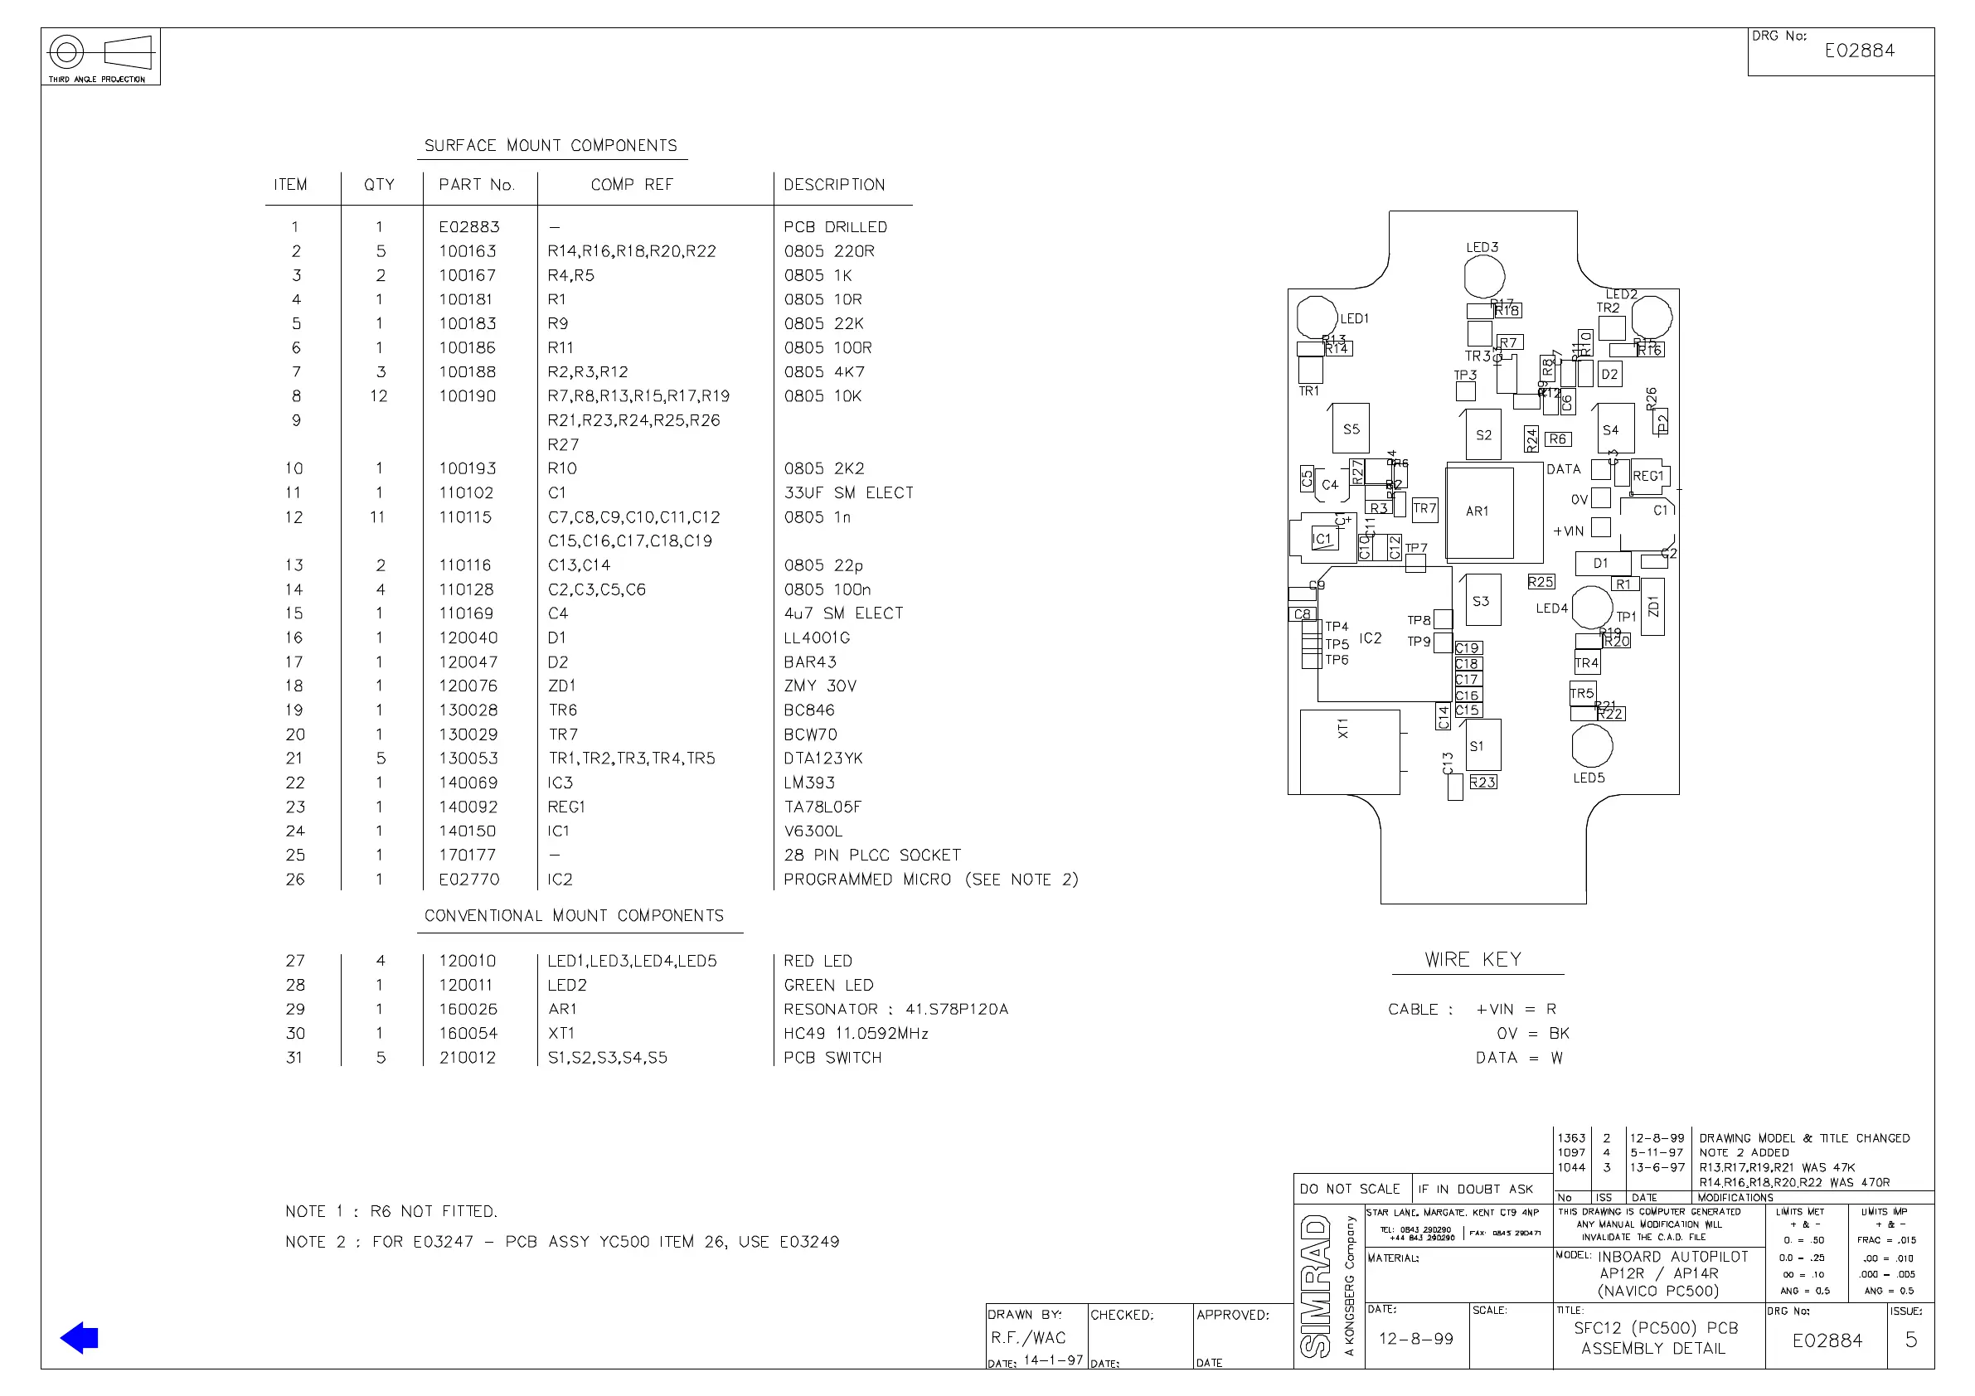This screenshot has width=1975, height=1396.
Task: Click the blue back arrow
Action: pos(79,1337)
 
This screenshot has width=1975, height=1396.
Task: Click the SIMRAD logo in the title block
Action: pos(1316,1285)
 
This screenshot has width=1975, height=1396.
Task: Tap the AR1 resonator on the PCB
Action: pos(1479,511)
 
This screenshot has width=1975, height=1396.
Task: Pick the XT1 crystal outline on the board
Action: pos(1349,751)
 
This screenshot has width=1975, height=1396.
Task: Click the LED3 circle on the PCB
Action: pos(1484,277)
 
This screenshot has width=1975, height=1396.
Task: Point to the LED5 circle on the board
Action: pos(1591,746)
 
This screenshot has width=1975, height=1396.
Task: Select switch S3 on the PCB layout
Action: pos(1481,600)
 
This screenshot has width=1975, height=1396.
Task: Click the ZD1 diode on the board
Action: pos(1652,608)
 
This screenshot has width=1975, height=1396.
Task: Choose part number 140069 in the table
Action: pos(468,783)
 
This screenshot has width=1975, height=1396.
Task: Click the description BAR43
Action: pos(809,662)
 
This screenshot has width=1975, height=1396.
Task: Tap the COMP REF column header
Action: pos(631,185)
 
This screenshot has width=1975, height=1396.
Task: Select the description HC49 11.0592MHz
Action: pos(855,1033)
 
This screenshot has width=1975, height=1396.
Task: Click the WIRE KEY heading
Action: pos(1473,960)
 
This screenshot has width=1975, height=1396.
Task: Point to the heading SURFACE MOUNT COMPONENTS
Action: pos(551,145)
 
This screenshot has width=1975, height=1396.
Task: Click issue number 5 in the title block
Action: pos(1910,1340)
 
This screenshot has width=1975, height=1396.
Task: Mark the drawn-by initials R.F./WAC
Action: pos(1028,1337)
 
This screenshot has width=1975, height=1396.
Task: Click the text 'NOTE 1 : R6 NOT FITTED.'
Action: pos(391,1211)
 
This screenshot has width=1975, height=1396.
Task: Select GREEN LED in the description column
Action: pos(827,985)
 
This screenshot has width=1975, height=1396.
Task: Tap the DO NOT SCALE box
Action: pos(1350,1189)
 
